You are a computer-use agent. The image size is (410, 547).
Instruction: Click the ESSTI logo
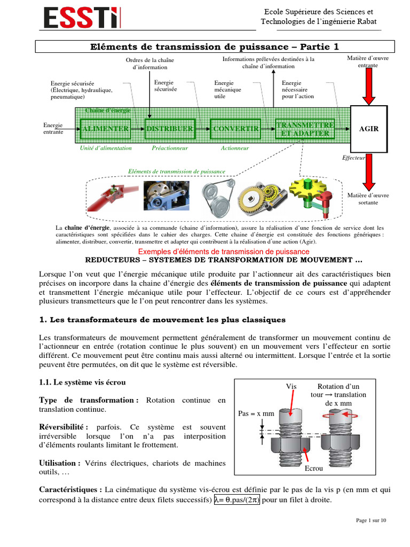[82, 18]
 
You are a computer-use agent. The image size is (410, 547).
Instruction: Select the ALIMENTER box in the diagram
[106, 129]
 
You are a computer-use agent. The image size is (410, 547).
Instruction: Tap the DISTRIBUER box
[170, 129]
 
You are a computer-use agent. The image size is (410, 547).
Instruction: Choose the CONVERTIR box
[235, 129]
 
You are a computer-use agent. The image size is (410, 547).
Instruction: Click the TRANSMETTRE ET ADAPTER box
[305, 129]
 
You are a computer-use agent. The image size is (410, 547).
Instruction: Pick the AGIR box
[369, 129]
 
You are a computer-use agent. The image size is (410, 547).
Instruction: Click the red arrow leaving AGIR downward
[369, 172]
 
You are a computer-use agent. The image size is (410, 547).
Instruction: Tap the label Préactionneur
[170, 149]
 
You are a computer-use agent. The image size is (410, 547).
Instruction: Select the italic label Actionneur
[235, 149]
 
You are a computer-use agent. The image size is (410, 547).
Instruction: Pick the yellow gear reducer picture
[262, 198]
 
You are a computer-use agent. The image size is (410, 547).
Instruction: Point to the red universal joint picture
[112, 197]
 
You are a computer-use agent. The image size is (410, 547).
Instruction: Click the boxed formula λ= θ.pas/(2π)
[237, 500]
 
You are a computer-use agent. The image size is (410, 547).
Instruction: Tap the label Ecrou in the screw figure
[314, 468]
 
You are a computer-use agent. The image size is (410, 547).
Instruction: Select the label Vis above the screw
[291, 387]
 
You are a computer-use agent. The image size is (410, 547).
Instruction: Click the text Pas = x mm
[256, 414]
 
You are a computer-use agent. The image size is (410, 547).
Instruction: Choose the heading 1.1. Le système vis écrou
[82, 382]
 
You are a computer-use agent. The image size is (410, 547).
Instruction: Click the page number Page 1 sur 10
[371, 520]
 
